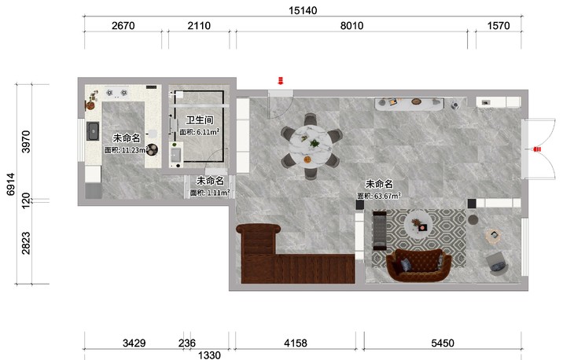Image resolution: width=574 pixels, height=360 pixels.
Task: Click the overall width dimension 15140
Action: (x=303, y=10)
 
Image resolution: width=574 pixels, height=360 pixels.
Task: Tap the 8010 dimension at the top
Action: (x=351, y=26)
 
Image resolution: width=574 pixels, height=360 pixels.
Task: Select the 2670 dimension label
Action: (x=123, y=26)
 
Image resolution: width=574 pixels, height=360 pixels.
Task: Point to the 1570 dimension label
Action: (x=499, y=26)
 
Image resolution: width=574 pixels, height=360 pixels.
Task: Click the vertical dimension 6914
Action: (x=11, y=184)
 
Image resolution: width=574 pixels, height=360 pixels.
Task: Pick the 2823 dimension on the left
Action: (x=26, y=243)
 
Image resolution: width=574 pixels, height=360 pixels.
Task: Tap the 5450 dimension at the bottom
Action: (x=443, y=343)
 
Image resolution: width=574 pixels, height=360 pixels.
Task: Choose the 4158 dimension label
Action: (x=296, y=343)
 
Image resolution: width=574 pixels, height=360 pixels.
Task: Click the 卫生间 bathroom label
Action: (x=200, y=120)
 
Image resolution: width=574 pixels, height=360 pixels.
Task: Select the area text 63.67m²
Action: (x=388, y=196)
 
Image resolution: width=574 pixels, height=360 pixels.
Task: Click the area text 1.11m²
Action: (x=218, y=193)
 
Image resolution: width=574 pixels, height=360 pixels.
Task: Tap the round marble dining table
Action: (x=311, y=146)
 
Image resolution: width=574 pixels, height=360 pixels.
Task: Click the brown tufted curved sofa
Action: (x=419, y=265)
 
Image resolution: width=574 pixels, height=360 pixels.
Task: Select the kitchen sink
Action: (x=93, y=131)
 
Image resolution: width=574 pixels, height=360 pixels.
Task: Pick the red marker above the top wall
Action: (x=281, y=80)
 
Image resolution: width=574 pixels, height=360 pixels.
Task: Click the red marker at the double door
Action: (x=537, y=149)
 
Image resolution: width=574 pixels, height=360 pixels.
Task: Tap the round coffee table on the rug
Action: (x=418, y=224)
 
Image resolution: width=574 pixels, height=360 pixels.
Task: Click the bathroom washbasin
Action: (x=175, y=155)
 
